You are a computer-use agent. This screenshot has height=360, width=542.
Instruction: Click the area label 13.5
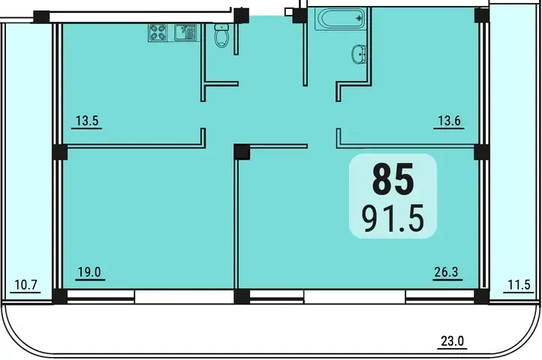(87, 121)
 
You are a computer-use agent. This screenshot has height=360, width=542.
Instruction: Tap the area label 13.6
(450, 121)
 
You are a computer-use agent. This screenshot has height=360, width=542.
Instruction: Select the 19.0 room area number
(89, 272)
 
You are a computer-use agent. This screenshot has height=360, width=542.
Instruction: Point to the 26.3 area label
(446, 272)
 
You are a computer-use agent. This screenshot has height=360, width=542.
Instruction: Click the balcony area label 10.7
(26, 285)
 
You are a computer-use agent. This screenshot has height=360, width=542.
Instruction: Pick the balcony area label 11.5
(519, 285)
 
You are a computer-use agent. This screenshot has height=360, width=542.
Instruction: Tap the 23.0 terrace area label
(452, 341)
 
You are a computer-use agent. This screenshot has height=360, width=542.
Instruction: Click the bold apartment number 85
(393, 180)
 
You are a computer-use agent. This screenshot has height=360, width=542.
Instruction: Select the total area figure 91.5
(393, 218)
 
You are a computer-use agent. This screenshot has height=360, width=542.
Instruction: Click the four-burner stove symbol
(158, 33)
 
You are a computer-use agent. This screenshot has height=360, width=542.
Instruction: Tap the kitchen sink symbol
(185, 33)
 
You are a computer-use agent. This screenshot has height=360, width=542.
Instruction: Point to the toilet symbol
(221, 35)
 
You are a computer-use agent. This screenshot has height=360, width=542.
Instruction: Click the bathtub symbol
(341, 19)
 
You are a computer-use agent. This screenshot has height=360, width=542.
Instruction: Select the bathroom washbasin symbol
(359, 54)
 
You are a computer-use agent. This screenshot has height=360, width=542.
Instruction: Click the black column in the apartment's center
(242, 152)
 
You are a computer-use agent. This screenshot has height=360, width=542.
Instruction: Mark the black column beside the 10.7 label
(60, 297)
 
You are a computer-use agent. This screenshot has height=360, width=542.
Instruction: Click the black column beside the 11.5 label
(481, 297)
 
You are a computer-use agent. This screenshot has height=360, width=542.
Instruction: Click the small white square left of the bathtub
(288, 12)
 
